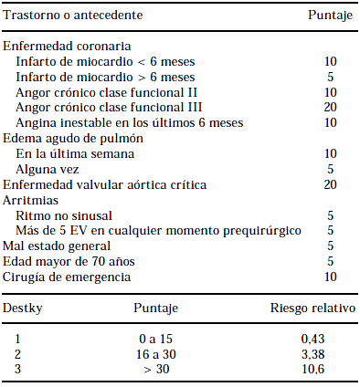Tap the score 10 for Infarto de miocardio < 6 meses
click(x=331, y=61)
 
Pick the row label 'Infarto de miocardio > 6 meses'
click(x=106, y=77)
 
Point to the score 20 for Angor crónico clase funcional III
click(x=331, y=107)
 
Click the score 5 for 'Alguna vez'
click(x=331, y=169)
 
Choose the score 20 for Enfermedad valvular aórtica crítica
click(x=331, y=184)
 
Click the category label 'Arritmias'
click(x=31, y=199)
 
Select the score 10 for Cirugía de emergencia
click(x=331, y=277)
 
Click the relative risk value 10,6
click(x=312, y=369)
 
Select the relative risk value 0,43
click(x=312, y=339)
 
